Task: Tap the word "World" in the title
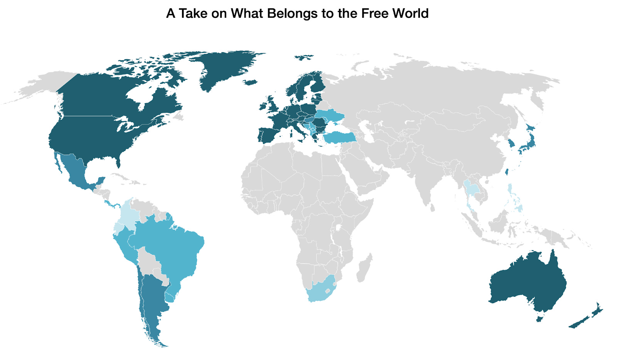pos(410,13)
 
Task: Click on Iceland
pos(251,82)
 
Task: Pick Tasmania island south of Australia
pos(539,318)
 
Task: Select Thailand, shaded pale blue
pos(470,189)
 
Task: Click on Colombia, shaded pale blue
pos(129,216)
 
